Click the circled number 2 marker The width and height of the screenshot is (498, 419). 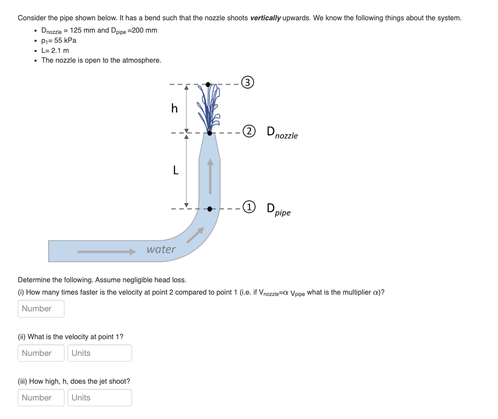[250, 131]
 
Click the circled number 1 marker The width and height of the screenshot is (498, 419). [250, 207]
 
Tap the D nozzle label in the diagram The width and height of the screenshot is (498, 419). [282, 133]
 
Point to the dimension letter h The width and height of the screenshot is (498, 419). [174, 108]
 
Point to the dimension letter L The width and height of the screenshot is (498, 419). [175, 170]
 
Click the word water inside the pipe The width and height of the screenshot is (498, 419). [161, 249]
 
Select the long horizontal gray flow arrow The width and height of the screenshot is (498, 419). [106, 251]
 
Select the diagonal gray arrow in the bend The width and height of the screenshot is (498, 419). [195, 235]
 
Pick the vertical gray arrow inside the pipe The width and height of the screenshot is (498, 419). [210, 176]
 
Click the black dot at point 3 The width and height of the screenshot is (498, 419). [208, 84]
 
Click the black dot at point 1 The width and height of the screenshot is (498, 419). [210, 209]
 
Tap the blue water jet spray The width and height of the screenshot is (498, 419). [209, 108]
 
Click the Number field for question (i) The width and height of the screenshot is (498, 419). [41, 309]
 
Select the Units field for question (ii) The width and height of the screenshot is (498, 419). [99, 353]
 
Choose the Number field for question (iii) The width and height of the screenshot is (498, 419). [41, 397]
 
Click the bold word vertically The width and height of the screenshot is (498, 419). [265, 18]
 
